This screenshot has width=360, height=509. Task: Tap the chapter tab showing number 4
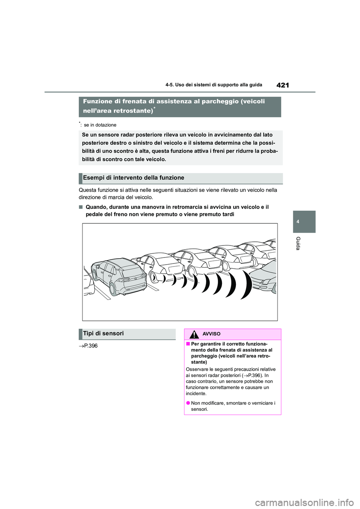click(x=298, y=222)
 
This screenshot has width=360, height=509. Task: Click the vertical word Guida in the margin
click(x=298, y=243)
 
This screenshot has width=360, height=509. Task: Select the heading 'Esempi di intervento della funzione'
click(x=133, y=178)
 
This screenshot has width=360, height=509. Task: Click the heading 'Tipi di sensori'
click(x=103, y=334)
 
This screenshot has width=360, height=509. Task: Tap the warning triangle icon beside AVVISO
click(x=194, y=334)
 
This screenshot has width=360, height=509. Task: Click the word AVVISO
click(x=211, y=334)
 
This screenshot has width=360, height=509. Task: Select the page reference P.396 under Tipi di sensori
click(x=88, y=346)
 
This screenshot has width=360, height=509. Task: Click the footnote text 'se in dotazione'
click(x=100, y=125)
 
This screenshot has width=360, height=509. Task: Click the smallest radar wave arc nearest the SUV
click(x=163, y=278)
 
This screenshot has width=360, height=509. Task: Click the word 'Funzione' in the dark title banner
click(x=97, y=102)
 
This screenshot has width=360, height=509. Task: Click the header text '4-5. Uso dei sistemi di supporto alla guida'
click(x=214, y=85)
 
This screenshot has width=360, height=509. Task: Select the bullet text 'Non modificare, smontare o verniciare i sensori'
click(x=232, y=406)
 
